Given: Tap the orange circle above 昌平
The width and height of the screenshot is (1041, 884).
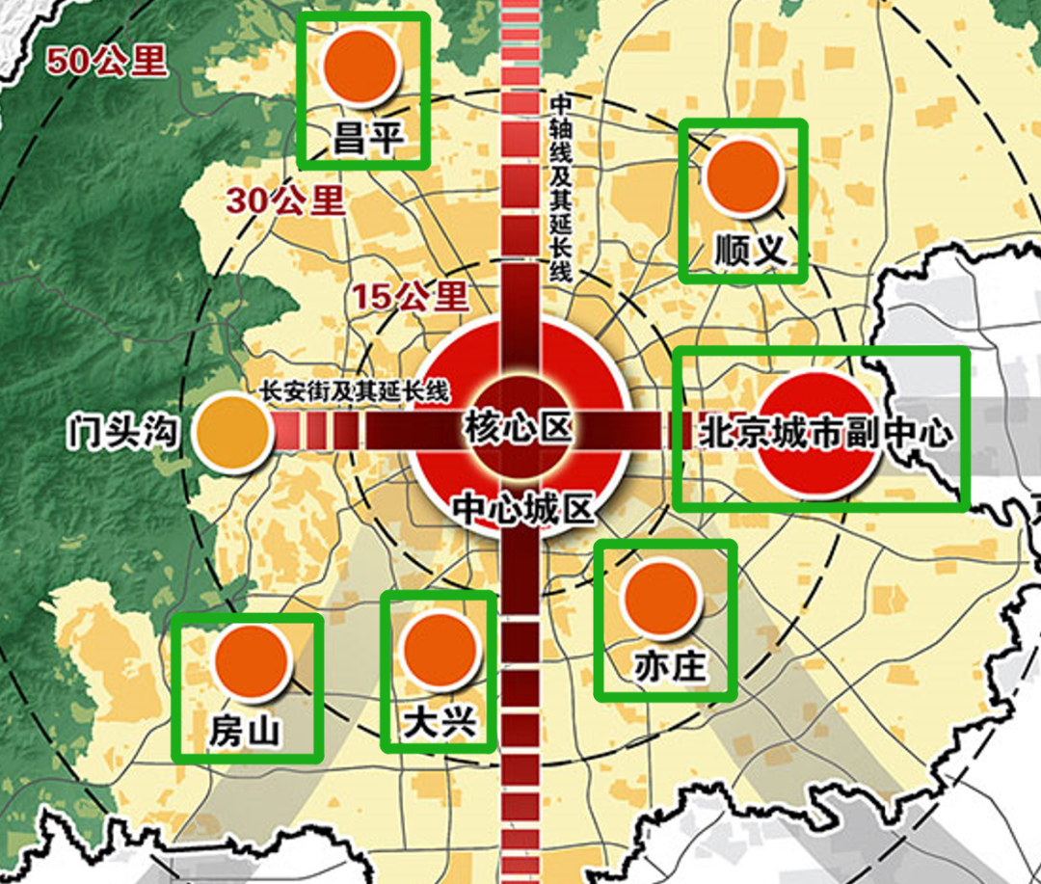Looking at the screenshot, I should [x=361, y=67].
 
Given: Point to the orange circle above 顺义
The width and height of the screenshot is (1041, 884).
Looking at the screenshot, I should [x=742, y=176].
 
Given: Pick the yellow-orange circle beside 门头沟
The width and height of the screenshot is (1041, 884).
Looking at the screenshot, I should [x=232, y=434].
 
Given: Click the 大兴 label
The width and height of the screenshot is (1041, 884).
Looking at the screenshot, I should [x=440, y=722].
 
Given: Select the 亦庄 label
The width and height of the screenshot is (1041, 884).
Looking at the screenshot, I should [x=665, y=667].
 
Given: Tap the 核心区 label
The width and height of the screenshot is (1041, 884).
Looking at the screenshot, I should [x=518, y=425].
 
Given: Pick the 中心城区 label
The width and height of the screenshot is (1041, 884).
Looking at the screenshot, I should [x=523, y=508].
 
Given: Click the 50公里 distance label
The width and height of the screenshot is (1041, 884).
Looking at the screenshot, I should [x=107, y=62].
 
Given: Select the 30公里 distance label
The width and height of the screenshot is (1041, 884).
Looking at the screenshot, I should [x=285, y=200].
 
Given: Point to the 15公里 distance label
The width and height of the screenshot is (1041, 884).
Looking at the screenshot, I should [x=409, y=295].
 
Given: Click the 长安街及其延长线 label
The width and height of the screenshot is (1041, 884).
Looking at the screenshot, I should [x=355, y=391].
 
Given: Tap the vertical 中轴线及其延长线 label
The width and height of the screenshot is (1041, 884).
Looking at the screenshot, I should [x=559, y=188].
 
